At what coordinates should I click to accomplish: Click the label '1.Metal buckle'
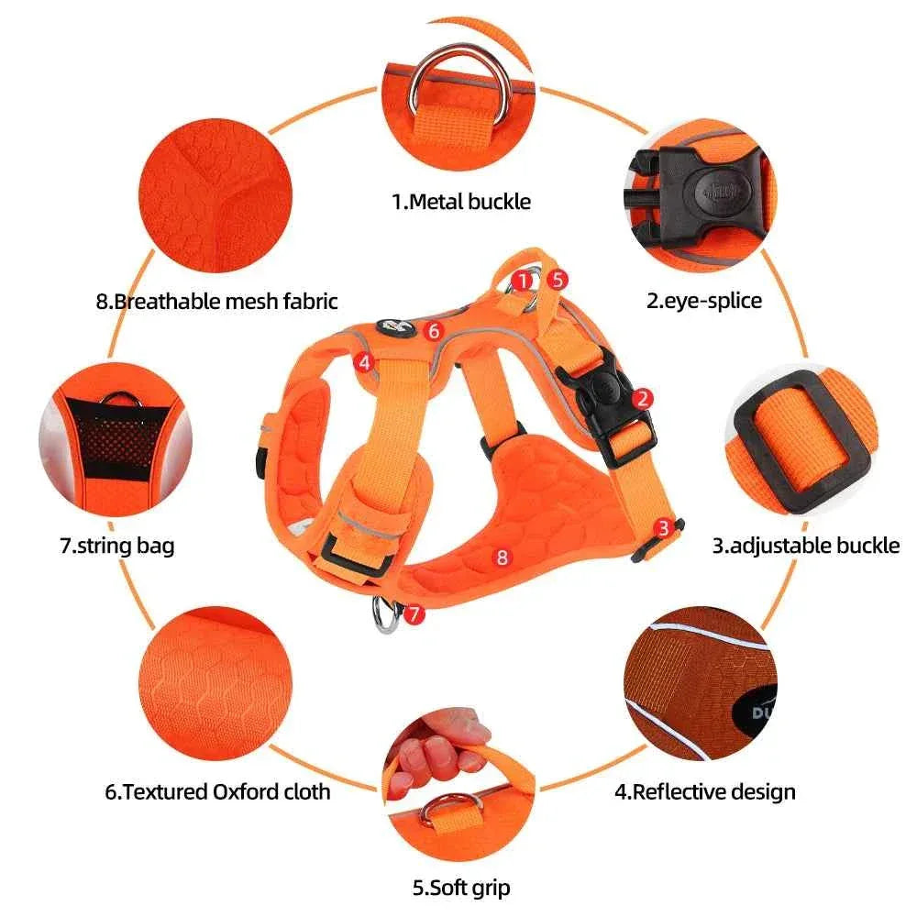[x=461, y=201]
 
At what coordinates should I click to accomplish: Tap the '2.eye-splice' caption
[x=703, y=300]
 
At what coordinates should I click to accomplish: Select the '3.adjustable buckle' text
[x=806, y=546]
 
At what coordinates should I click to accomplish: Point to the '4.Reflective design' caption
[x=703, y=790]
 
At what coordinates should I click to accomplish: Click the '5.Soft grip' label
[x=461, y=888]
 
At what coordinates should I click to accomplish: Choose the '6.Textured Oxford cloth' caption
[x=217, y=790]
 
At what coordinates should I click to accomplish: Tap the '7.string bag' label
[x=116, y=546]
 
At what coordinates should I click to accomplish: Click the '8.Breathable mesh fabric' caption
[x=217, y=300]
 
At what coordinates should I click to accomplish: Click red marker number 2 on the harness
[x=644, y=397]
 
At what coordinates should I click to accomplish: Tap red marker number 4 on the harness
[x=365, y=362]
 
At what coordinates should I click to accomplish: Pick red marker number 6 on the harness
[x=435, y=329]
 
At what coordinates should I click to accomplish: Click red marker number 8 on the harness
[x=501, y=555]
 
